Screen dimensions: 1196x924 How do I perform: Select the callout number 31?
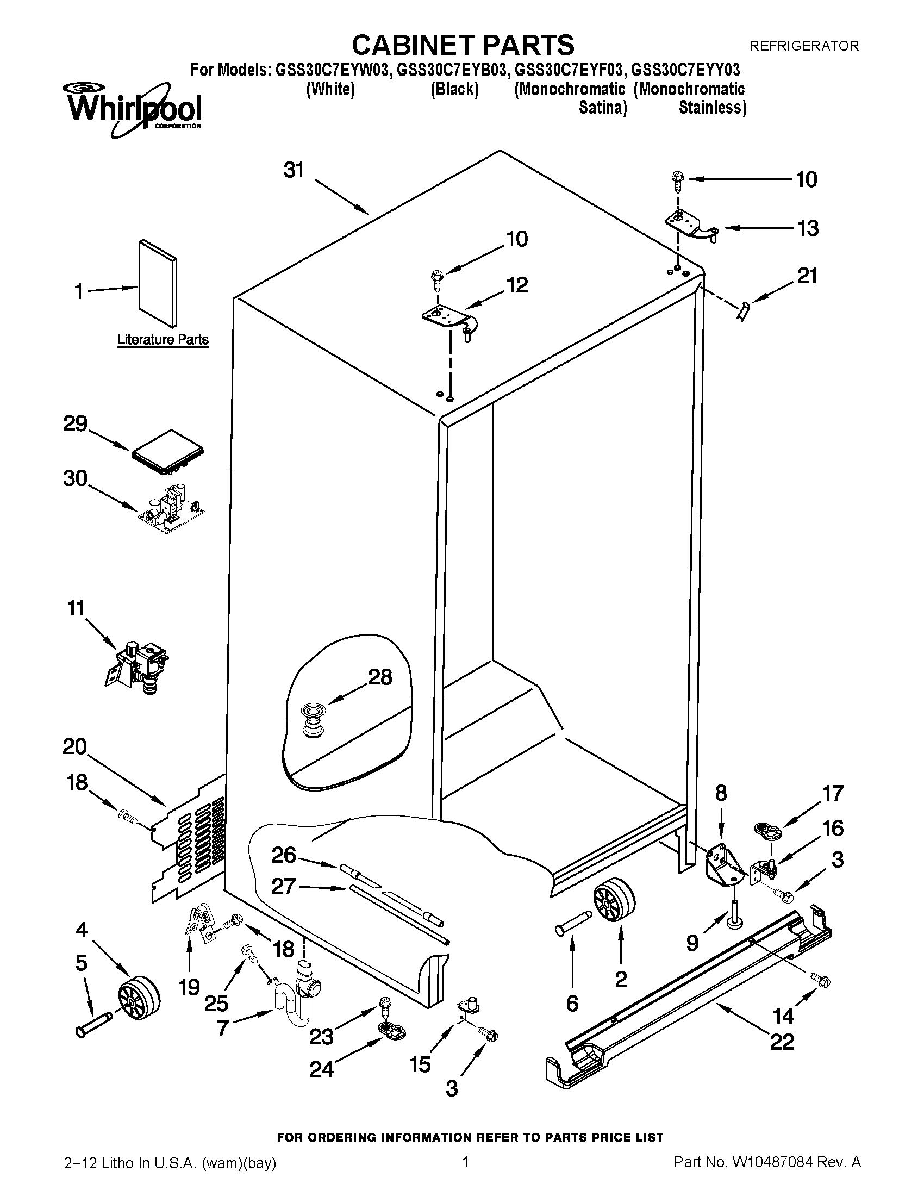tap(294, 170)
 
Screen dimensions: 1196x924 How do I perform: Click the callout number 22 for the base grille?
tap(782, 1041)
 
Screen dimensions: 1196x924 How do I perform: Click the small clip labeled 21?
tap(744, 312)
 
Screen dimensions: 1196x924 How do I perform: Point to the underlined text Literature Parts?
tap(163, 340)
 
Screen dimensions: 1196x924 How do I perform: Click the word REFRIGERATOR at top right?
tap(803, 46)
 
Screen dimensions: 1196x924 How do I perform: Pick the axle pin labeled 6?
tap(572, 928)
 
